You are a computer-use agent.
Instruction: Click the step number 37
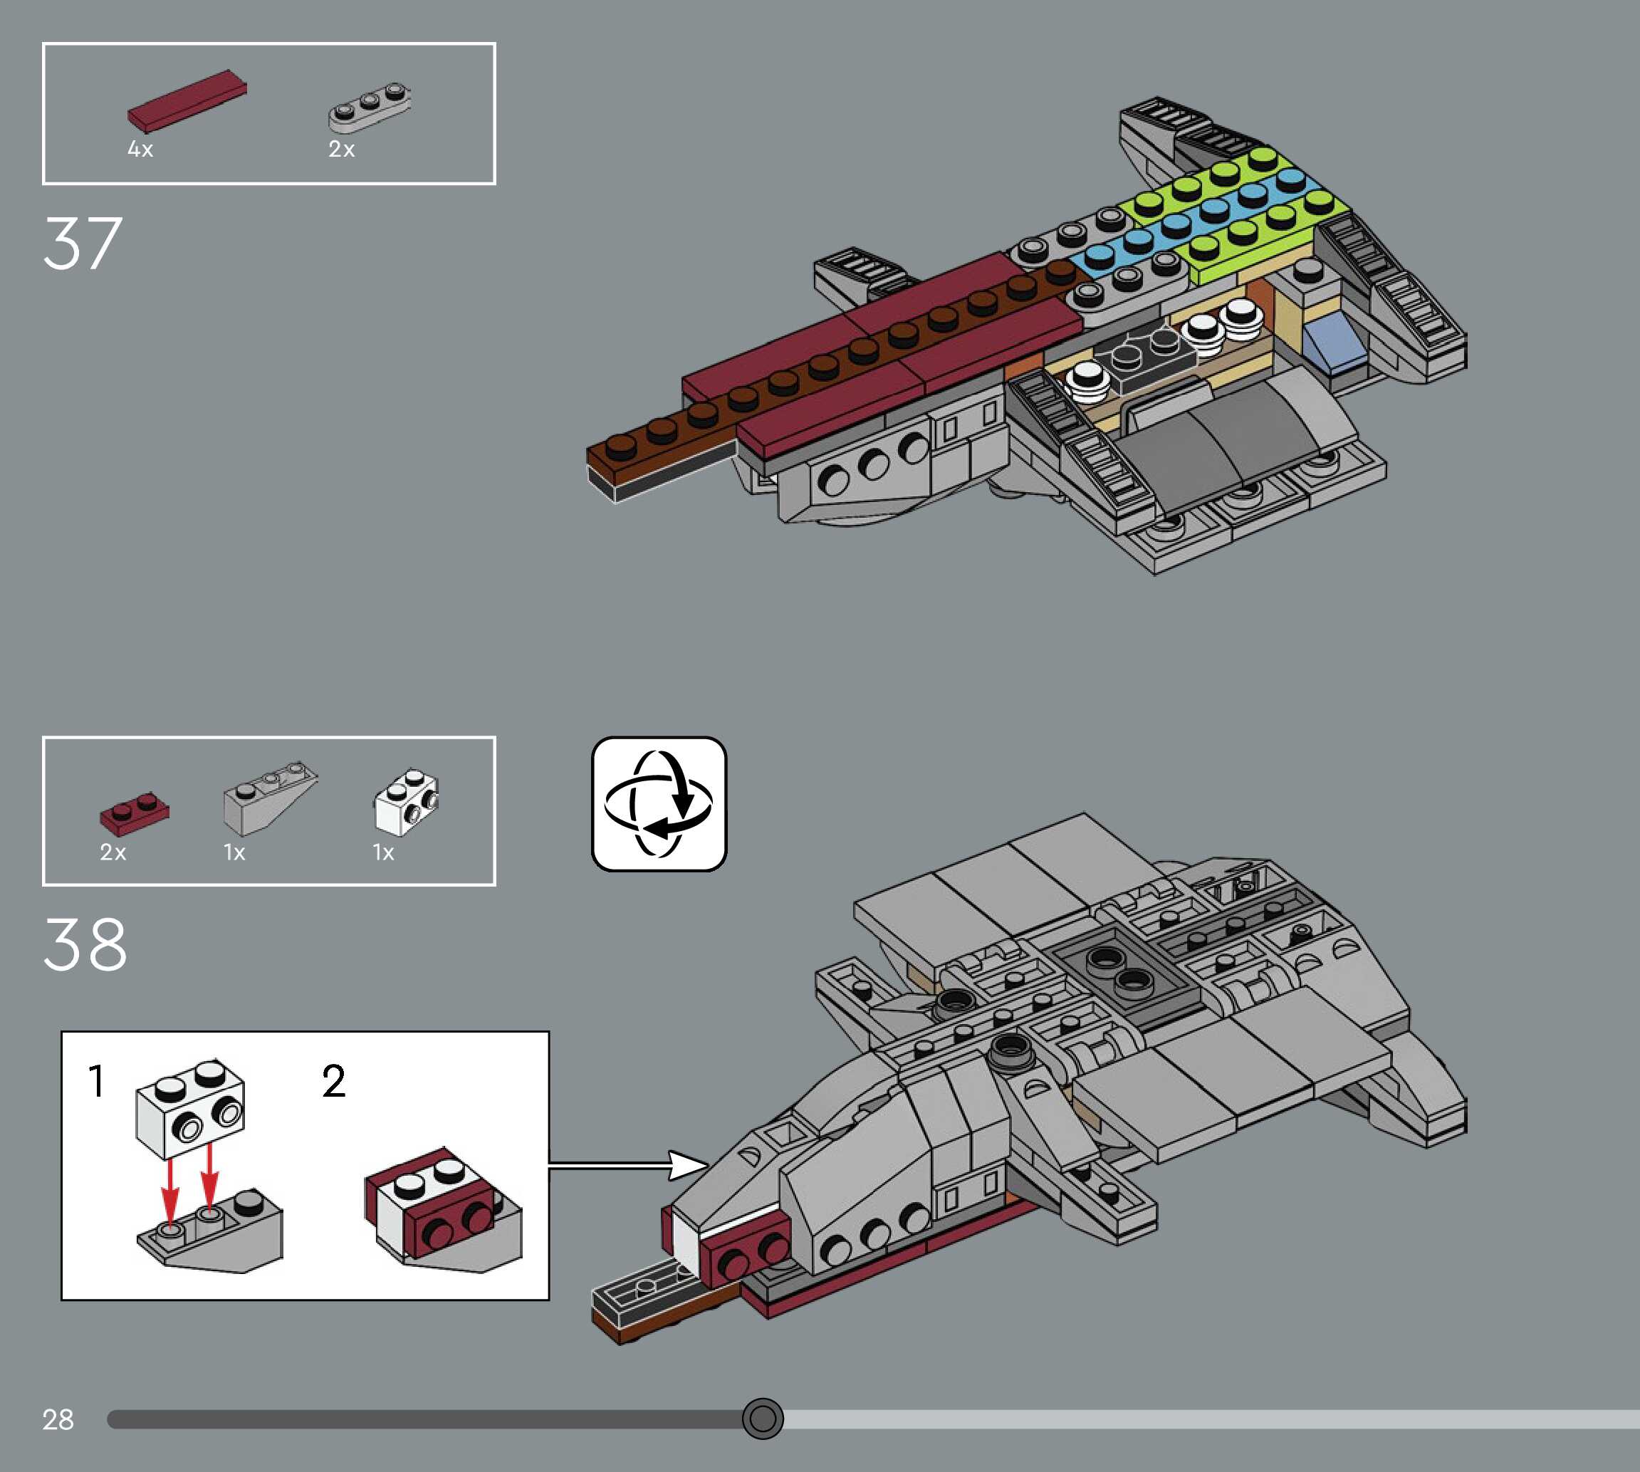83,244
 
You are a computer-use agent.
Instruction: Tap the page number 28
58,1419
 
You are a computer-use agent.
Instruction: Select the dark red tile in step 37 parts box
187,101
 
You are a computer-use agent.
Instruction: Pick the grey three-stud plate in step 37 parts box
369,107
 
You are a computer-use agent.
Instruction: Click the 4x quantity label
140,150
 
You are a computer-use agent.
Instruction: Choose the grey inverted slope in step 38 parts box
268,798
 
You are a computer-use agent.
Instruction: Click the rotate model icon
659,803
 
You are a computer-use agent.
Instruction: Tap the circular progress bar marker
762,1418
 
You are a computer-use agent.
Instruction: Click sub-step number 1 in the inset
96,1081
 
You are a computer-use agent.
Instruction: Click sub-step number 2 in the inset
334,1081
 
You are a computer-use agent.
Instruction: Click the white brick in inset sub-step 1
191,1108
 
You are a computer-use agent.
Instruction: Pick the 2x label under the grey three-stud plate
341,150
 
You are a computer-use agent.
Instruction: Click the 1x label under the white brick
383,852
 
